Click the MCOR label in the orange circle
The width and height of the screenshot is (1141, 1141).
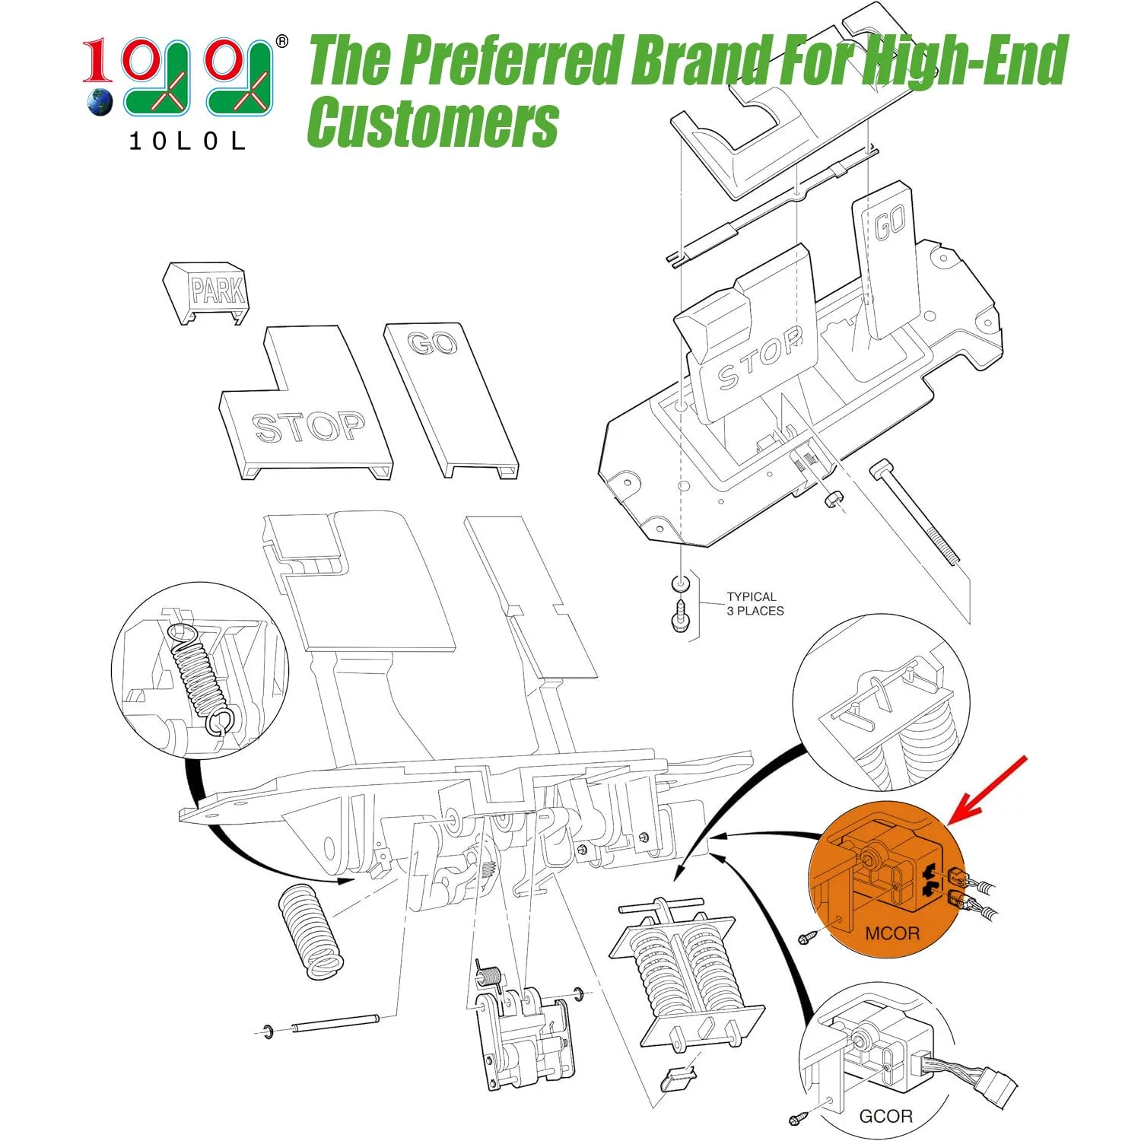[892, 933]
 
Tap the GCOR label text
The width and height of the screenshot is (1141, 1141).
[885, 1116]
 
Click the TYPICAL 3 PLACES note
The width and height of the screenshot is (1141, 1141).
[755, 604]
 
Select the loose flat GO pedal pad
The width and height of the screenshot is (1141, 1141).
[451, 400]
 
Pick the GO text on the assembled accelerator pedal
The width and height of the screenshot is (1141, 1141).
[889, 224]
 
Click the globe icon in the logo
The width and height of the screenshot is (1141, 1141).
[100, 102]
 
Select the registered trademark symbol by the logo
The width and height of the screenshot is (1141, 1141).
[281, 41]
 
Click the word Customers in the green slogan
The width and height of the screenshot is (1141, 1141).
[433, 122]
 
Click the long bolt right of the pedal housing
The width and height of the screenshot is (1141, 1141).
[916, 513]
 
